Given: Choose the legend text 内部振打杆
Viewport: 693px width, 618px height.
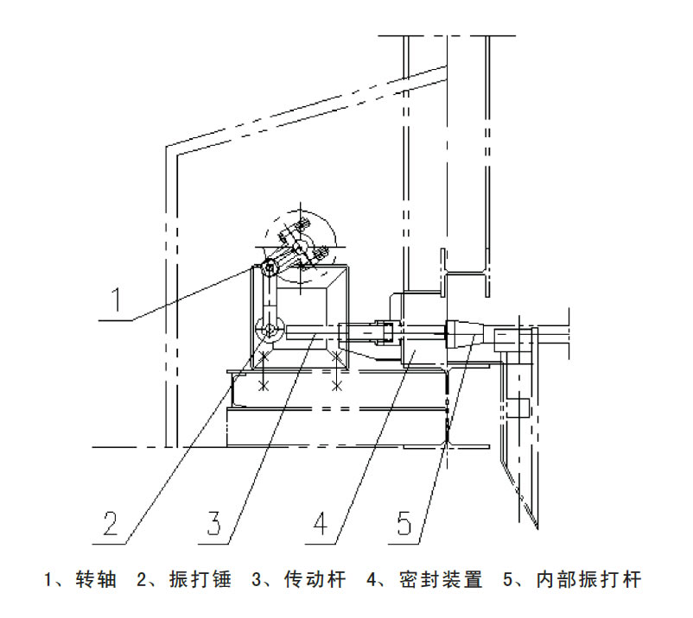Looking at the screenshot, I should [589, 579].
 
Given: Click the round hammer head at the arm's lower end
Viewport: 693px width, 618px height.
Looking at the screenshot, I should [270, 329].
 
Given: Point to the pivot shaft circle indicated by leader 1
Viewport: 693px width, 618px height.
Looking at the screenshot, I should [269, 268].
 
